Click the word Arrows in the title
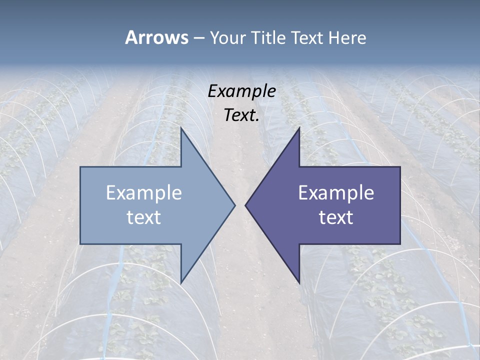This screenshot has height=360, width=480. pos(156,37)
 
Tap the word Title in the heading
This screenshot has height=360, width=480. pos(267,37)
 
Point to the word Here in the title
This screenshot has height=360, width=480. pos(347,37)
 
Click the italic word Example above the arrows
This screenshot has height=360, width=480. pos(241,91)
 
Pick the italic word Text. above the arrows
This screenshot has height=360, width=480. pos(241,115)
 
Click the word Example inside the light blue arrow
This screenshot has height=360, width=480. pos(144,193)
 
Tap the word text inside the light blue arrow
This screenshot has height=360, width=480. pos(144,217)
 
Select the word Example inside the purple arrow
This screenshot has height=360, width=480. pos(336,193)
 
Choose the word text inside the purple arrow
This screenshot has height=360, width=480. pos(336,217)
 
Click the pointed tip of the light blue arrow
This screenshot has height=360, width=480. pos(235,205)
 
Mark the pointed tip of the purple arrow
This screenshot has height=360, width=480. pos(245,205)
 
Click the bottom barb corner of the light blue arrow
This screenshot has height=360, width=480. pos(181,283)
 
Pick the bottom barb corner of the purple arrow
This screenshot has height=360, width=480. pos(299,283)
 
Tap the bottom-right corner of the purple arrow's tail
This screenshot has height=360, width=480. pos(400,244)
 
